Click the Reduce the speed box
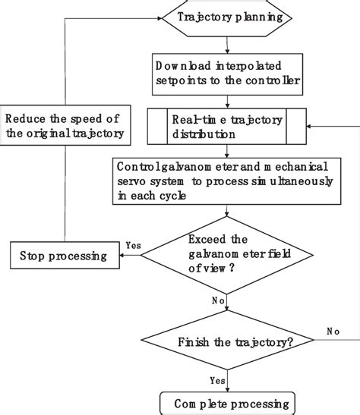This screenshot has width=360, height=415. (x=66, y=126)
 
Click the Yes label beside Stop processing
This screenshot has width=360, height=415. (x=134, y=247)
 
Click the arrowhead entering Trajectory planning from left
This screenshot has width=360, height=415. (x=161, y=16)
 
